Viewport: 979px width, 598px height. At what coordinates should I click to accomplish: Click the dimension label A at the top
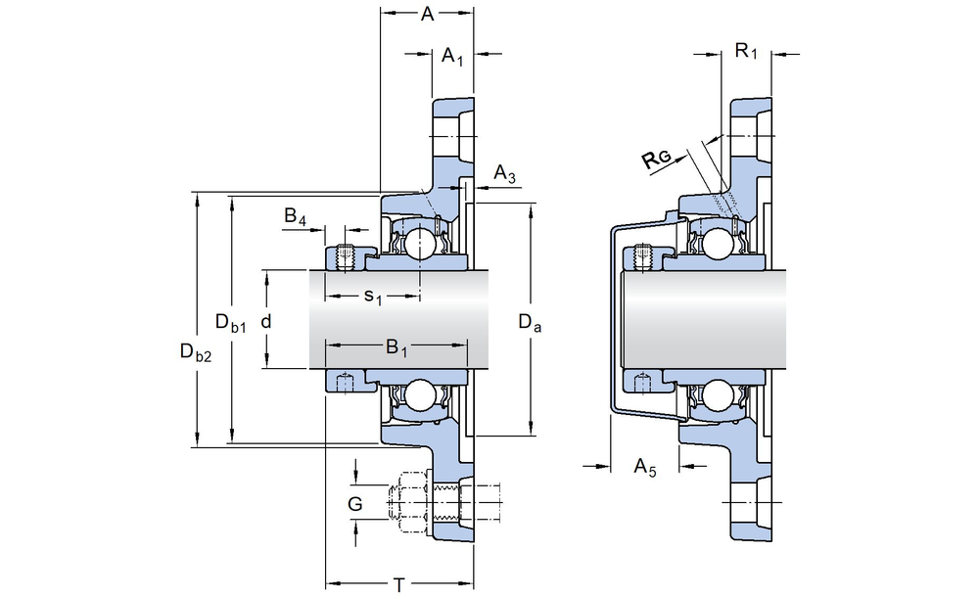coord(427,14)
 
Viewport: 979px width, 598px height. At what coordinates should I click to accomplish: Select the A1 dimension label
coord(452,57)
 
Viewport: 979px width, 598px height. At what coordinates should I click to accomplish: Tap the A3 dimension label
coord(504,175)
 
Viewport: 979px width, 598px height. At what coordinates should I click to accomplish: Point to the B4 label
coord(296,215)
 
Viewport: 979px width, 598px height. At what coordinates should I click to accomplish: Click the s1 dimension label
coord(372,295)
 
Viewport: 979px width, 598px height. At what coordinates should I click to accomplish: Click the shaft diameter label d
coord(265,320)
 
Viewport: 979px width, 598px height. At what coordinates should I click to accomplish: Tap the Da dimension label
coord(530,321)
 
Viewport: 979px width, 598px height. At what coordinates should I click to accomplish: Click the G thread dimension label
coord(355,504)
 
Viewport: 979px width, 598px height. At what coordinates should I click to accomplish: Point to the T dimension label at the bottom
coord(399,585)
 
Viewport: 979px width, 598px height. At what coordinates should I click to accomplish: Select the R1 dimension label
coord(746,51)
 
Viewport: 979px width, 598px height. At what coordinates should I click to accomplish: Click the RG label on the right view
coord(657,161)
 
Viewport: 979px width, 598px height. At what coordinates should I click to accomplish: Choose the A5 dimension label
coord(645,467)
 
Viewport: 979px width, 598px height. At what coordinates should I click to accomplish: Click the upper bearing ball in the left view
coord(421,242)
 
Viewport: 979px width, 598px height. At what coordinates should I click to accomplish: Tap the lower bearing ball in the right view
coord(719,395)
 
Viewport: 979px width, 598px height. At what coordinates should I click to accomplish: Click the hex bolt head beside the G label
coord(408,501)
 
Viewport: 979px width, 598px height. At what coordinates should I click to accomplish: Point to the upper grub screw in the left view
coord(344,256)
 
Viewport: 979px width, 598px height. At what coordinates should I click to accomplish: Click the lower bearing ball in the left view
coord(421,395)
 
